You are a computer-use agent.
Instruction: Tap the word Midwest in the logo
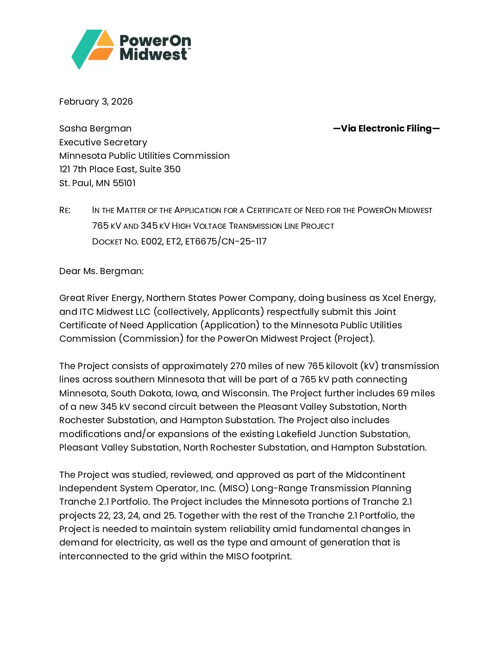(153, 55)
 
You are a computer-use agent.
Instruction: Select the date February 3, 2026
(96, 101)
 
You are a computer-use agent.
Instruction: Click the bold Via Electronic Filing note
(386, 128)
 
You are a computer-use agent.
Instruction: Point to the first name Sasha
(72, 128)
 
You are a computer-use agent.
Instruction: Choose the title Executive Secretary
(103, 142)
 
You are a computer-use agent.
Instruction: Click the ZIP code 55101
(124, 183)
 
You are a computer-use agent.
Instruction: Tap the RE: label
(65, 210)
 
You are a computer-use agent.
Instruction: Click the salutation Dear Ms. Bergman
(101, 271)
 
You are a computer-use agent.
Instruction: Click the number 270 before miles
(238, 366)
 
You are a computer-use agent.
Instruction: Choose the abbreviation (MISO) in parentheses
(233, 488)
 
